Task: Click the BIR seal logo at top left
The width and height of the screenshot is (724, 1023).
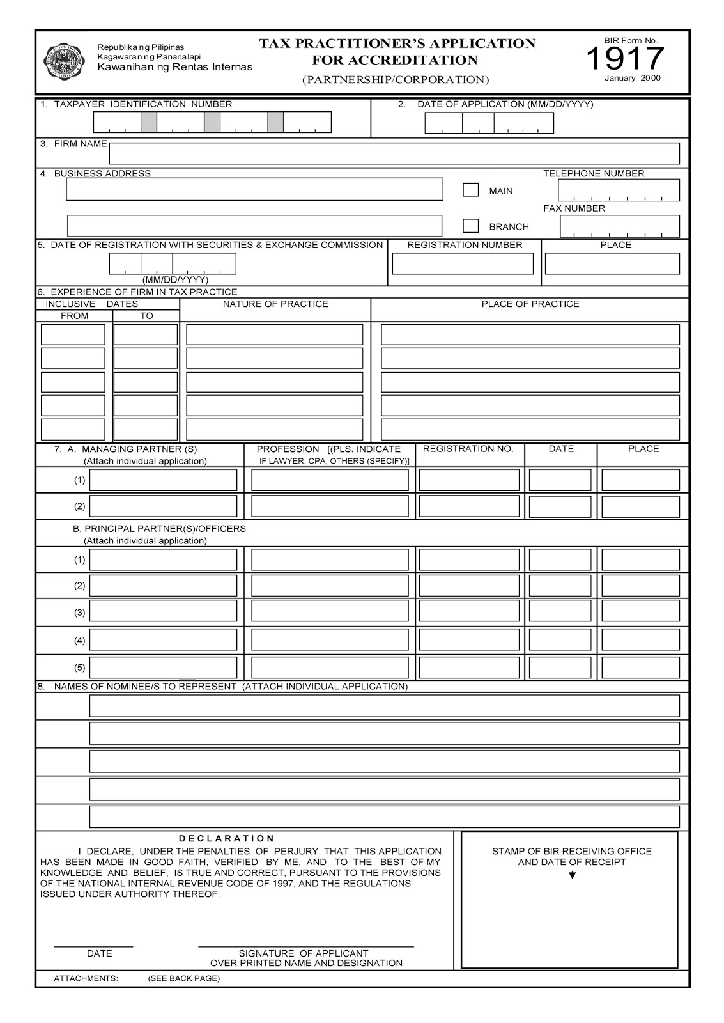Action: tap(64, 62)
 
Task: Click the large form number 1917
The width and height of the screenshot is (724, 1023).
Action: tap(625, 59)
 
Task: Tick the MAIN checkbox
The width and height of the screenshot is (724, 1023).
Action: tap(470, 190)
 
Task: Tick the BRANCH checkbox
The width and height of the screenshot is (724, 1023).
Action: tap(470, 226)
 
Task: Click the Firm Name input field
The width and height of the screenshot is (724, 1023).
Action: tap(394, 153)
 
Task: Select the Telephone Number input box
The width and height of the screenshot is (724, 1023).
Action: tap(619, 191)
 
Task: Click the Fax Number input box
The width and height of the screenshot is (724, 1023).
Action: tap(619, 226)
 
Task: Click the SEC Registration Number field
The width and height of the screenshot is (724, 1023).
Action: tap(462, 263)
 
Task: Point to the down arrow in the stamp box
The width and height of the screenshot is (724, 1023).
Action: tap(572, 875)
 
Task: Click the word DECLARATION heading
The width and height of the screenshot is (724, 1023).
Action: tap(226, 838)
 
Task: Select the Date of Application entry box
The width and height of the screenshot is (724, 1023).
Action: tap(489, 123)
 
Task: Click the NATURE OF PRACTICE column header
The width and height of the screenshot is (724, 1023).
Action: tap(275, 304)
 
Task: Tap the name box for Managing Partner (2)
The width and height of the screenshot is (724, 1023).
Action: tap(163, 506)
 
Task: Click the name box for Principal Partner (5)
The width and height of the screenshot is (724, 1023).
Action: tap(163, 668)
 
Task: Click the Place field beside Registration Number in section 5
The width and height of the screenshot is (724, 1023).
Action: tap(612, 263)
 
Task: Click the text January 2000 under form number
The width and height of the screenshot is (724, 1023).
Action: tap(632, 78)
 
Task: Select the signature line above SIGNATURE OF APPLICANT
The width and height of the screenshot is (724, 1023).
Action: tap(305, 945)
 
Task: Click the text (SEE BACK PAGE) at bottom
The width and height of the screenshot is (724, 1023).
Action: tap(183, 978)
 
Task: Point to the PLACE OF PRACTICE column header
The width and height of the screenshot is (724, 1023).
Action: tap(530, 304)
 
